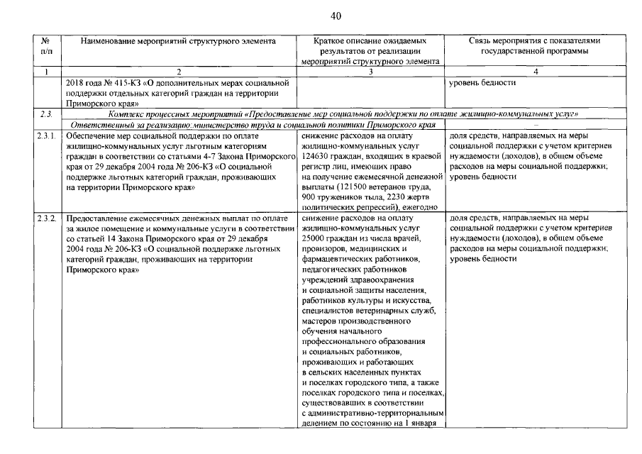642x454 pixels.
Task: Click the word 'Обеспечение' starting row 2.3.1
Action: coord(90,134)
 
